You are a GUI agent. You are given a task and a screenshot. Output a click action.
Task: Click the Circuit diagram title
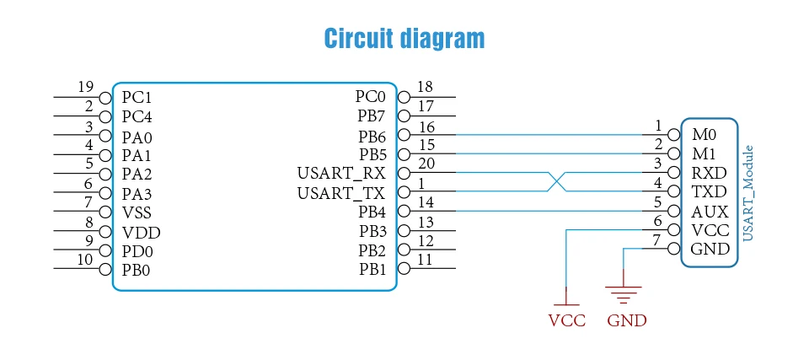coord(404,38)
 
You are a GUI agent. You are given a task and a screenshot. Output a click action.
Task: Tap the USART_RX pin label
coord(341,173)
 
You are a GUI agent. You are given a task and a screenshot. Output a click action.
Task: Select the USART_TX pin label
coord(341,193)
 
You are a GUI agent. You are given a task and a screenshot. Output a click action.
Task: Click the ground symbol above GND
coord(624,294)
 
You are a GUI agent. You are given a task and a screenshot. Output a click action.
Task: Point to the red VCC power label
coord(567,320)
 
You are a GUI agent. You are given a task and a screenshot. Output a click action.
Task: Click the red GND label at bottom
coord(627,320)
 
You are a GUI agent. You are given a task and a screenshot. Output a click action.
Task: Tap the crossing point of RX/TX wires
coord(557,182)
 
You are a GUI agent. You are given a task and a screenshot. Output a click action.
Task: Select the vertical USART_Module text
coord(748,193)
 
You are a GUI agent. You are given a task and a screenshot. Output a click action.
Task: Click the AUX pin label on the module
coord(710,212)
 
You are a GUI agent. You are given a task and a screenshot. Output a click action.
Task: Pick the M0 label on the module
coord(705,135)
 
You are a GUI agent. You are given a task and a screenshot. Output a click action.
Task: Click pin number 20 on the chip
coord(426,164)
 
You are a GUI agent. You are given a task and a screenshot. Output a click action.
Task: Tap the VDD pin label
coord(142,234)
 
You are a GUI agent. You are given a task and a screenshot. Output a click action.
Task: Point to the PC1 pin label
coord(137,97)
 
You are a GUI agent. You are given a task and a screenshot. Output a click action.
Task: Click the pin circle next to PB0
coord(105,269)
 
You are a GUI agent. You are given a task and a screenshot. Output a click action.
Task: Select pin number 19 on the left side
coord(86,87)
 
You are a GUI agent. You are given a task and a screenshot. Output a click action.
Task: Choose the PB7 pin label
coord(371,116)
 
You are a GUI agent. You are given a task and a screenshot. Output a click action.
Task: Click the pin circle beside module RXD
coord(674,173)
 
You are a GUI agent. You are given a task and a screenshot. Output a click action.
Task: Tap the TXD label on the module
coord(710,192)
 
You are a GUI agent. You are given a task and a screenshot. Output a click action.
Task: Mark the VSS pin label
coord(137,212)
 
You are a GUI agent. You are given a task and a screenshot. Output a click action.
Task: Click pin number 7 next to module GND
coord(656,240)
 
